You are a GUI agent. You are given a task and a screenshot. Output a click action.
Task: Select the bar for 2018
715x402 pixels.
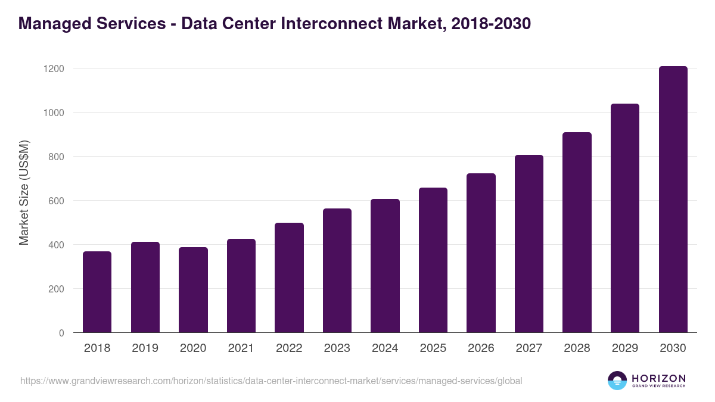pos(97,292)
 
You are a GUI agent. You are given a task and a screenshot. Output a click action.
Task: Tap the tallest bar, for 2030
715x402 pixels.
pos(673,200)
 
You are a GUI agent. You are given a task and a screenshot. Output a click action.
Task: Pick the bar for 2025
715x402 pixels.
pos(433,260)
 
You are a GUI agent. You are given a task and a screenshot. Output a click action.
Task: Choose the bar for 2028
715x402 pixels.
pos(577,232)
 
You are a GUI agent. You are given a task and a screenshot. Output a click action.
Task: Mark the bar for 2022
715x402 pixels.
pos(289,278)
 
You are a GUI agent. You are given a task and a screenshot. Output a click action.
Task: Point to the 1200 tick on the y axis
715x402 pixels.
pos(54,69)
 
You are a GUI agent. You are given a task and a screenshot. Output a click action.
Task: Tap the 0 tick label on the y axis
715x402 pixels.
pos(61,333)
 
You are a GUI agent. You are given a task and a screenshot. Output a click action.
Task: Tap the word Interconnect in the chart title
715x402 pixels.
pos(331,24)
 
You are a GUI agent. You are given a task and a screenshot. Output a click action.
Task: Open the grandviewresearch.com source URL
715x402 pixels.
pos(271,381)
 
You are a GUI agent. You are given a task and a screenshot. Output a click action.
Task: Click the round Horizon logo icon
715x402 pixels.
pos(617,381)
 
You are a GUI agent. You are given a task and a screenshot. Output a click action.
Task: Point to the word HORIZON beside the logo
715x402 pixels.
pos(658,378)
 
